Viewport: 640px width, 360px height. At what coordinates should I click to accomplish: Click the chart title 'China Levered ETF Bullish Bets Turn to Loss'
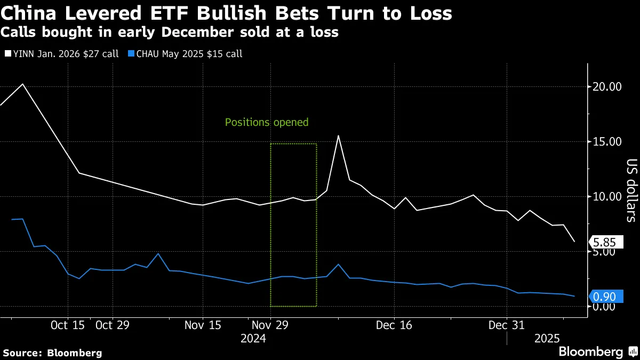(227, 13)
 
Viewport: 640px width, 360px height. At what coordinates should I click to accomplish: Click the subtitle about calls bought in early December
(170, 33)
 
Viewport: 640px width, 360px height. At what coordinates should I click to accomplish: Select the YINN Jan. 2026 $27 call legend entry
(63, 54)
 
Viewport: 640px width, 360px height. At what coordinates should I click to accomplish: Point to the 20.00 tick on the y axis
(607, 87)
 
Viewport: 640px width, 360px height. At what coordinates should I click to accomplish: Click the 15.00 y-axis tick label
(607, 142)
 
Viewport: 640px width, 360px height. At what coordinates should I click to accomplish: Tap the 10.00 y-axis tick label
(607, 197)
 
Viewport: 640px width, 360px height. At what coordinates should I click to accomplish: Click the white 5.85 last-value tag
(606, 242)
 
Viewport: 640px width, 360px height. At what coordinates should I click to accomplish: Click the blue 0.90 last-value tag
(606, 297)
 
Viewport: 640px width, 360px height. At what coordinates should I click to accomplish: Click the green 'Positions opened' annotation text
(267, 122)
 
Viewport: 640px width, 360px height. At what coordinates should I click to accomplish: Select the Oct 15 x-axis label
(68, 325)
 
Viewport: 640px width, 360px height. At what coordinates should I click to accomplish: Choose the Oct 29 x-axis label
(113, 325)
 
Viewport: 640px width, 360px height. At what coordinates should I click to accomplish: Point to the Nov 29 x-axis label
(270, 325)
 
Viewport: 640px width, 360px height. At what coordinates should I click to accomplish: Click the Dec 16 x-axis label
(394, 325)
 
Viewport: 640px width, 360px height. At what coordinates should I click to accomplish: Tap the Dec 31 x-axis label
(507, 325)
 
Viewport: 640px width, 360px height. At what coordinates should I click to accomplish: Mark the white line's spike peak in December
(338, 135)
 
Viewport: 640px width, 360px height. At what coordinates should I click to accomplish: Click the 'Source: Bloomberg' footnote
(52, 353)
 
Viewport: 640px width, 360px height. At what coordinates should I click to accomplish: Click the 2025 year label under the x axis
(547, 338)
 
